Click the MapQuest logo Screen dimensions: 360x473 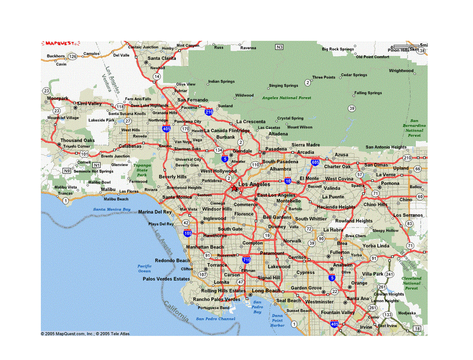60,43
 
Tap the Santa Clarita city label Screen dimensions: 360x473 162,58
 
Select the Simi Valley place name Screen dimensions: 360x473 89,103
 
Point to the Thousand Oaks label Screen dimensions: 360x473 77,140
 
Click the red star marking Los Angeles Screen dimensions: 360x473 235,189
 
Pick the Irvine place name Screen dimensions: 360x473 366,327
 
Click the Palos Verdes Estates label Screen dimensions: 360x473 166,279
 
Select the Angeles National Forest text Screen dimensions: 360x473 286,98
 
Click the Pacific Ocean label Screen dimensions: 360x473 144,268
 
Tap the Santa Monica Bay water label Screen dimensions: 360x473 112,209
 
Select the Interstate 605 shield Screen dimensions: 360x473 315,162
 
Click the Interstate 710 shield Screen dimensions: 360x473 246,259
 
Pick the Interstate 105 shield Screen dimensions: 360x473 187,233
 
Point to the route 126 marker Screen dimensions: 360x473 73,57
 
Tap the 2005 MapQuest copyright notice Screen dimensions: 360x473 85,333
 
